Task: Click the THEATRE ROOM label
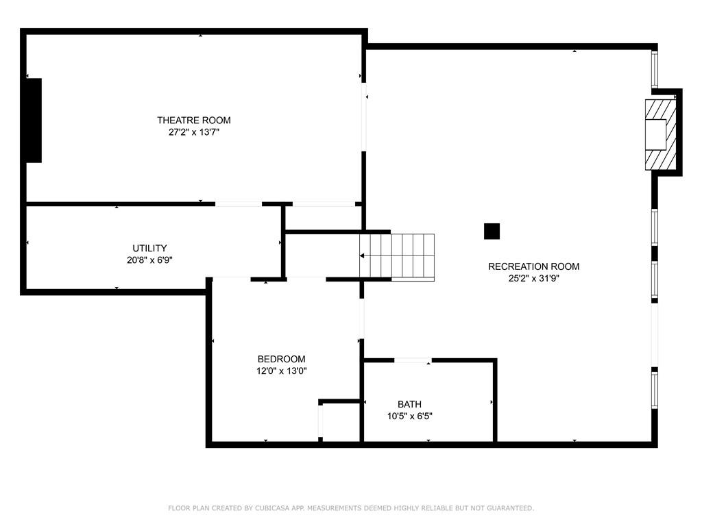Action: click(x=194, y=121)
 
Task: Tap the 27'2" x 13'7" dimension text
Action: click(x=194, y=132)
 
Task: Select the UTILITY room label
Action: click(x=149, y=248)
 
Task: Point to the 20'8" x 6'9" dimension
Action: click(x=149, y=260)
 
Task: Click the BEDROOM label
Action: click(x=281, y=359)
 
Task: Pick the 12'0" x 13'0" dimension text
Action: click(x=281, y=371)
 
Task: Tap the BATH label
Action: click(x=409, y=404)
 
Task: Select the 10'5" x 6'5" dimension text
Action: click(x=409, y=416)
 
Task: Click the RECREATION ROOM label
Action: click(x=533, y=266)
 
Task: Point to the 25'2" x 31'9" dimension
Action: click(x=533, y=278)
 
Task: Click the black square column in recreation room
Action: click(x=492, y=231)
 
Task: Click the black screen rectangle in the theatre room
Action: click(x=34, y=121)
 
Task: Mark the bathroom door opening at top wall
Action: click(x=413, y=360)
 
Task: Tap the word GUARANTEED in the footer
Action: click(x=511, y=508)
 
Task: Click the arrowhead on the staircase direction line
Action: click(x=362, y=256)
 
